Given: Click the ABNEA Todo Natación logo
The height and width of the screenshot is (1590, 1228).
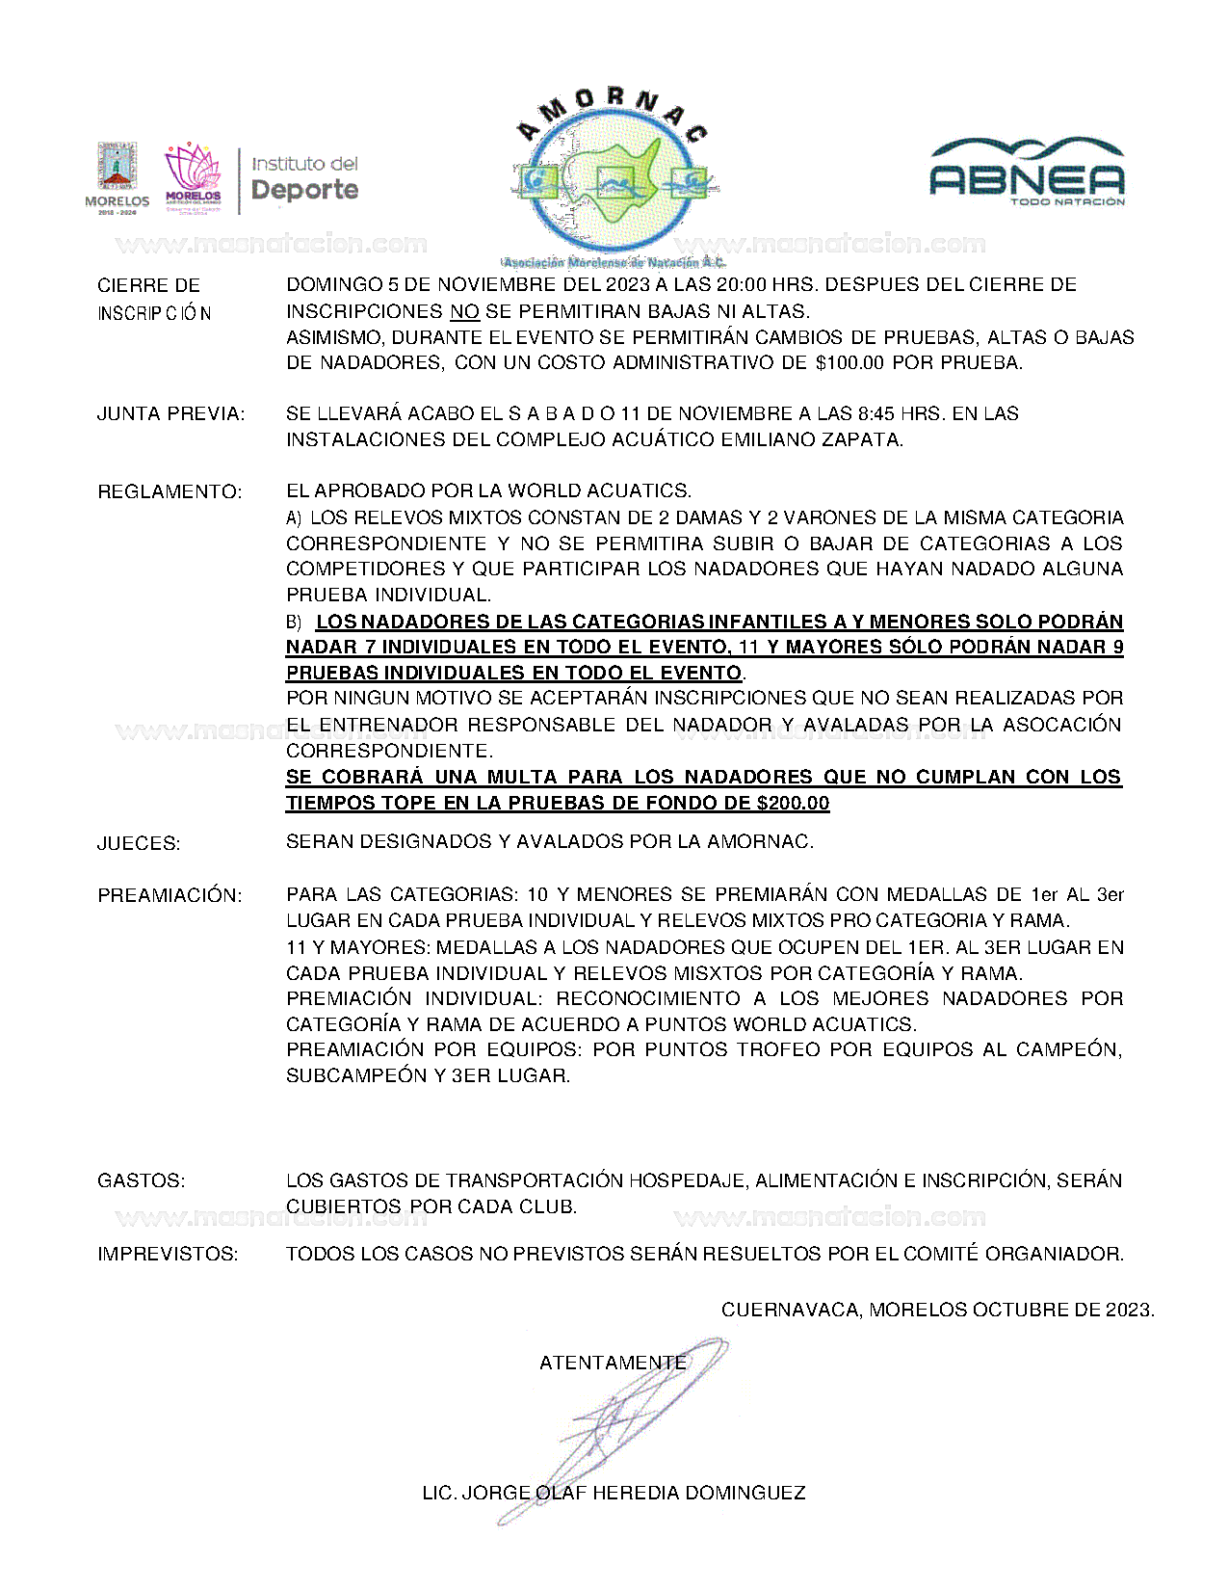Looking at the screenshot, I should point(1027,173).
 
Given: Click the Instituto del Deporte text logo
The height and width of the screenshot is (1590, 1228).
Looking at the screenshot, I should point(304,178).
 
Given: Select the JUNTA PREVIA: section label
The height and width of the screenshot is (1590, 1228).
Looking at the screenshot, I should point(170,414).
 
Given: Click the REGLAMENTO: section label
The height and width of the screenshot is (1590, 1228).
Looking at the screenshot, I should point(170,492).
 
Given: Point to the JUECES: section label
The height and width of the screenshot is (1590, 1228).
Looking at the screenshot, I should point(139,844).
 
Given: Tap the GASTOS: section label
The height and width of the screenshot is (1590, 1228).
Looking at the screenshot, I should point(142,1181).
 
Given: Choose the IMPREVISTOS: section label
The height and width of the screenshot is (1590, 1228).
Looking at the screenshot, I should point(168,1255).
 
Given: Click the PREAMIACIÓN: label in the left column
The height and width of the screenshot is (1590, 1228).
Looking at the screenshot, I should point(170,896).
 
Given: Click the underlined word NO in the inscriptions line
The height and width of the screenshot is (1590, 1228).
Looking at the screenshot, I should point(464,312).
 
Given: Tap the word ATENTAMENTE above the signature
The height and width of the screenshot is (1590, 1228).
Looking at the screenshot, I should point(613,1364).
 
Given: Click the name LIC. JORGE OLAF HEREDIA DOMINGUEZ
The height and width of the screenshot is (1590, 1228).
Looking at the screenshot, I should point(614,1494).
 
